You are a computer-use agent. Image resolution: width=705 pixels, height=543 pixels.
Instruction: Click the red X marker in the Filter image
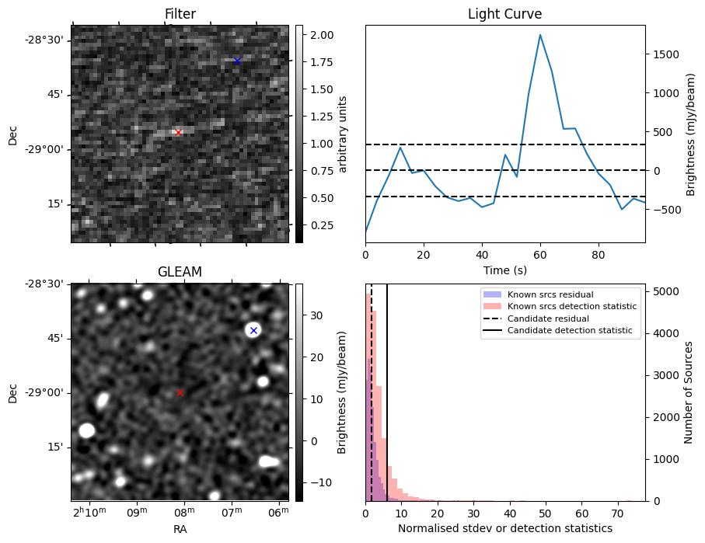[178, 132]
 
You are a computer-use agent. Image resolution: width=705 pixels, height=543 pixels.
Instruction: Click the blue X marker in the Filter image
[237, 61]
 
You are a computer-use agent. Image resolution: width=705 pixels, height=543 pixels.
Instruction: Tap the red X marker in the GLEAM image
[180, 392]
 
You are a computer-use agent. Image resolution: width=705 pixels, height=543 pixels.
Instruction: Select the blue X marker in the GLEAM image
[253, 330]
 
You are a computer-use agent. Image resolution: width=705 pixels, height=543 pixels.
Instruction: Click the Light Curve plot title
[505, 14]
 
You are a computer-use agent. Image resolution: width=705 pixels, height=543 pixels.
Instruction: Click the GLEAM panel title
[180, 272]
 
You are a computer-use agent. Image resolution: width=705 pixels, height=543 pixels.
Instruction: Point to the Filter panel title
[180, 14]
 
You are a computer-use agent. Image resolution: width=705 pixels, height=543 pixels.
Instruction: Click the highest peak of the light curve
[540, 35]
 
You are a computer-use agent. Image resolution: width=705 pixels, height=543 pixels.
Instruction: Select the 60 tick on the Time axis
[540, 255]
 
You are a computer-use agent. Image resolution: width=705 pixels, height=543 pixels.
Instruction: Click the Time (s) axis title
[505, 270]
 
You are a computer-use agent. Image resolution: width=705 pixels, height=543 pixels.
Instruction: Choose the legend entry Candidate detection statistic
[570, 330]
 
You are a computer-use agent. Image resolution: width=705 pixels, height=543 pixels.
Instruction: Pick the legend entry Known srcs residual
[550, 294]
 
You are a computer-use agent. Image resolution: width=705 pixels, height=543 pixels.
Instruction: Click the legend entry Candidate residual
[548, 318]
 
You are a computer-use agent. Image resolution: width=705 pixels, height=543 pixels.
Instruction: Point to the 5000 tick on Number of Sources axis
[665, 291]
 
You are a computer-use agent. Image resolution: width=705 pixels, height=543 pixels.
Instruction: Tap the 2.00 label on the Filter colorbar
[322, 35]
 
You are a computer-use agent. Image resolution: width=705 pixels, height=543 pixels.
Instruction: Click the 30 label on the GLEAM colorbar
[316, 315]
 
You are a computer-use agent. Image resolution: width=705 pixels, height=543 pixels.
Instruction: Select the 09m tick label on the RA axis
[137, 512]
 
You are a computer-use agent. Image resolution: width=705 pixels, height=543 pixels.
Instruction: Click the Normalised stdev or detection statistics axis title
[505, 528]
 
